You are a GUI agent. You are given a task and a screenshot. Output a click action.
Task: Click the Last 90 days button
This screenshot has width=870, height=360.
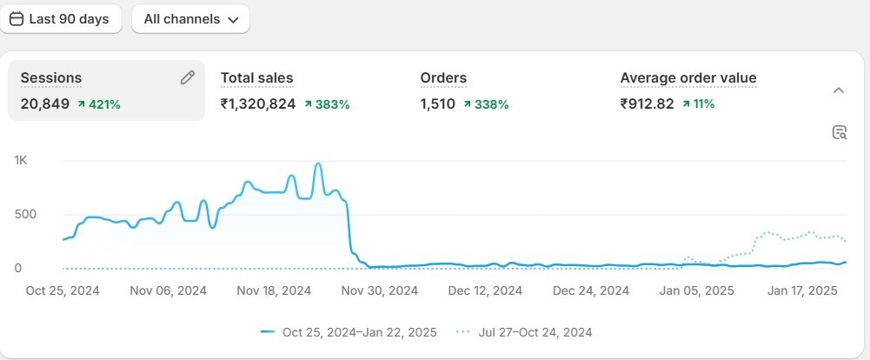(59, 19)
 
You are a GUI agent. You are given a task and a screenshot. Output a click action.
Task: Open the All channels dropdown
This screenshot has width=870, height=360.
(190, 19)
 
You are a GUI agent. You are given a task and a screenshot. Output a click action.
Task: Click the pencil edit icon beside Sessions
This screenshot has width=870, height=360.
(188, 78)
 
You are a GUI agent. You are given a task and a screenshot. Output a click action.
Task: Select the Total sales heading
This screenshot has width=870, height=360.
(256, 78)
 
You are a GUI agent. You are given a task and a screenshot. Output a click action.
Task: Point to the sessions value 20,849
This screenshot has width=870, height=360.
(45, 104)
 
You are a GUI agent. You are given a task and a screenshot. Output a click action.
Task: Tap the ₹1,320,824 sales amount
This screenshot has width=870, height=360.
(258, 104)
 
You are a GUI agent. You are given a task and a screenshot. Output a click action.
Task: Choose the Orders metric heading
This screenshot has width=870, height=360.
(443, 78)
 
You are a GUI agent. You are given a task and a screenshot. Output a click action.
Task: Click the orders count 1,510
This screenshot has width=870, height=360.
(438, 104)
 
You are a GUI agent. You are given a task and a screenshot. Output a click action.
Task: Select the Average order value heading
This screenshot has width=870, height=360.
(688, 78)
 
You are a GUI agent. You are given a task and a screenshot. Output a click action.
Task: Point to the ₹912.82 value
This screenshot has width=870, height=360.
(648, 104)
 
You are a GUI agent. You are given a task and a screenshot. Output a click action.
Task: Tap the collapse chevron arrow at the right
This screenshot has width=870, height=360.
(839, 90)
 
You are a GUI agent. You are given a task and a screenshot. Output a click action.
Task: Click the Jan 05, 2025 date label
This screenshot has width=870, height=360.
(697, 290)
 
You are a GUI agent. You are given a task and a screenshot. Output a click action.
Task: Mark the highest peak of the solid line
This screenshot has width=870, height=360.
(318, 163)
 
